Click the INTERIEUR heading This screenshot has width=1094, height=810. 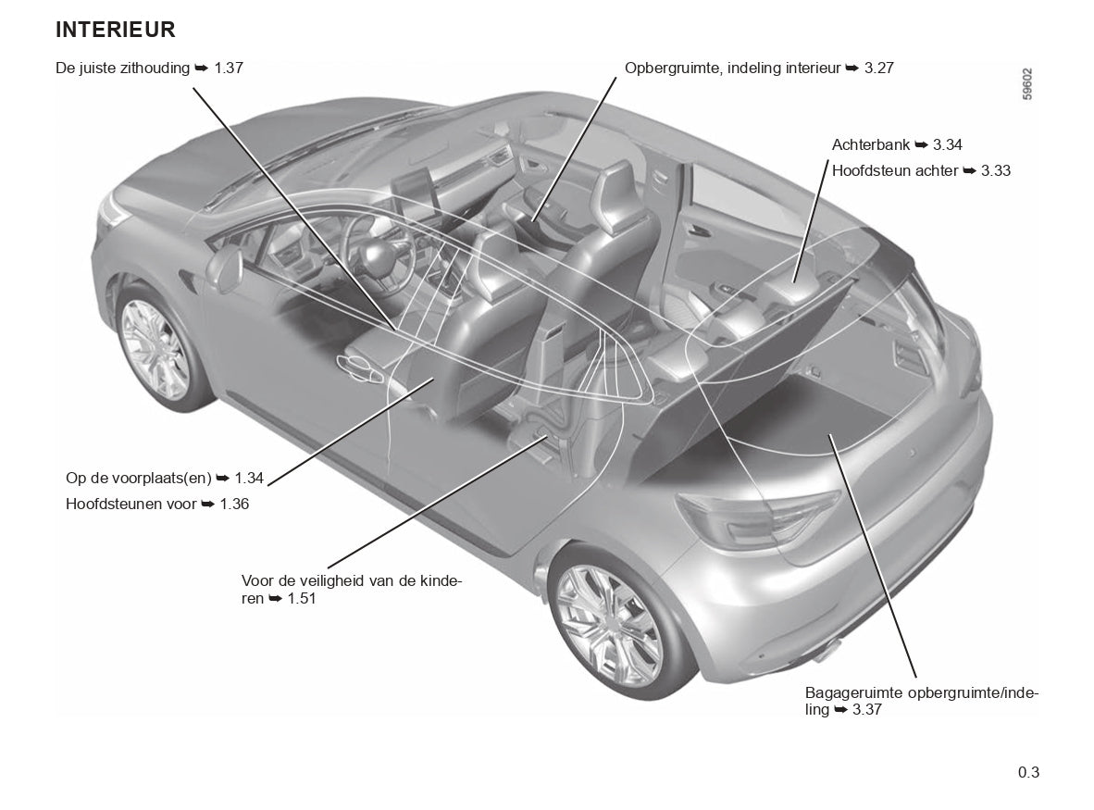pos(115,30)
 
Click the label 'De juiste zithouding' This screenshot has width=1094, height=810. pos(123,68)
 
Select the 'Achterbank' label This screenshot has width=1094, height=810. pos(871,144)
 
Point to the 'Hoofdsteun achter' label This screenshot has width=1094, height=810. pos(894,170)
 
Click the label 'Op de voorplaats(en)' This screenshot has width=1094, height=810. pos(139,478)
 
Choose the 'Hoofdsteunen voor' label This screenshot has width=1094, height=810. pos(131,504)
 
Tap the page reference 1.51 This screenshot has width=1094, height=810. pos(302,599)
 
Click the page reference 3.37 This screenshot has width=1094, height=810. pos(866,710)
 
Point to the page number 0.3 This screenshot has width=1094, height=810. pos(1028,772)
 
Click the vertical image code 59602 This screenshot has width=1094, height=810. pos(1027,84)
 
